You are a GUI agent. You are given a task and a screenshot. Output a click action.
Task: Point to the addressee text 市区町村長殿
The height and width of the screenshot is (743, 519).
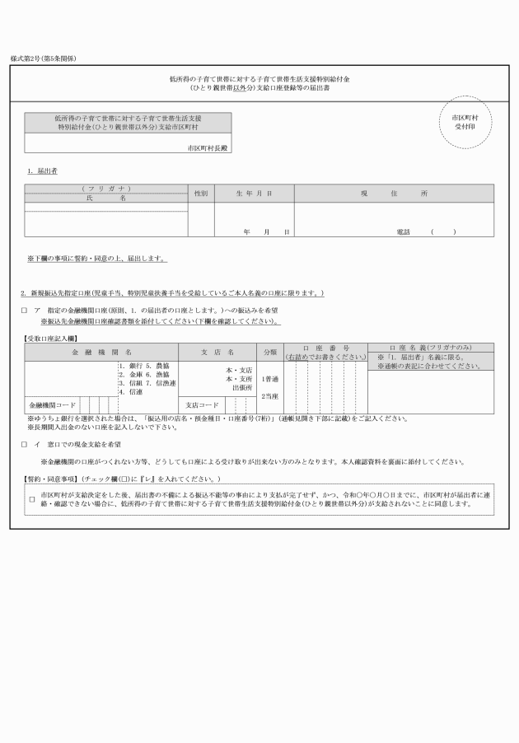(208, 146)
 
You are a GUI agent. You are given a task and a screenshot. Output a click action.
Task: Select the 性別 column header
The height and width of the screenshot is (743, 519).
(201, 194)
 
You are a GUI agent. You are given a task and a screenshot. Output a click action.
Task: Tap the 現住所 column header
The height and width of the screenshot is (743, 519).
(394, 194)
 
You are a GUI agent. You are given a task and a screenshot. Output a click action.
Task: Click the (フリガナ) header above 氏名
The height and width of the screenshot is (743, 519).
(106, 189)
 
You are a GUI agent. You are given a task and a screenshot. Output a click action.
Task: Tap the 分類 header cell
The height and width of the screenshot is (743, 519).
(269, 353)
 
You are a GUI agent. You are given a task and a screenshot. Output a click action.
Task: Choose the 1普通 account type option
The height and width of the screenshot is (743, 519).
(269, 378)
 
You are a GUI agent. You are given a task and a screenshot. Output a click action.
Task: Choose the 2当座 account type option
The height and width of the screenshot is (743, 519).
(269, 396)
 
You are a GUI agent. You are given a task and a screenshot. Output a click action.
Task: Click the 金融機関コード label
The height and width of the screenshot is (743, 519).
(52, 405)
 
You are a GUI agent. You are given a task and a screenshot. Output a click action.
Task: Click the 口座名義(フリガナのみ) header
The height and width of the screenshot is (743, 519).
(430, 348)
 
